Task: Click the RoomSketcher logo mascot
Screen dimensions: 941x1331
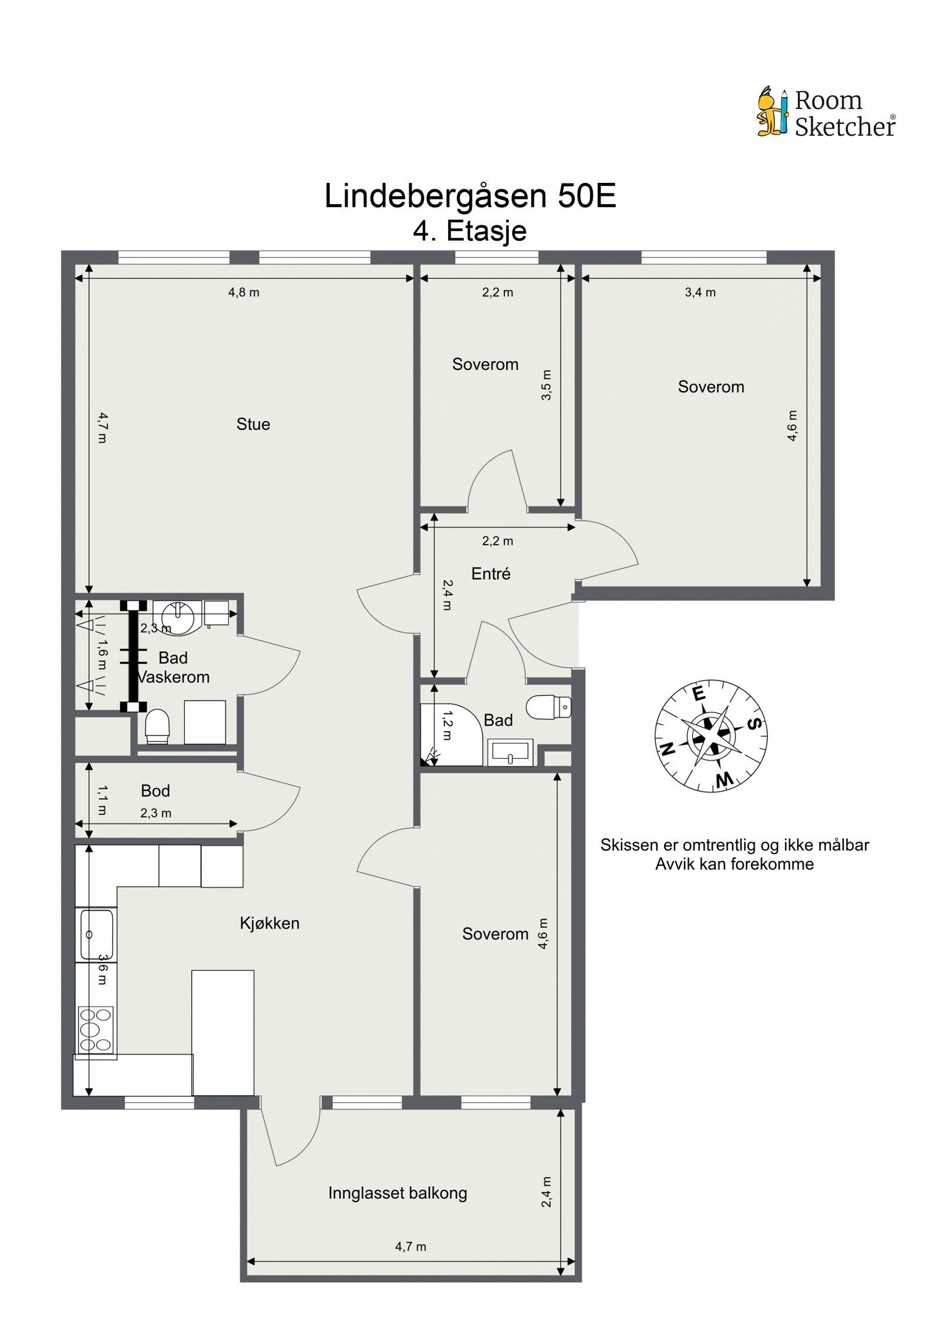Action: click(x=772, y=112)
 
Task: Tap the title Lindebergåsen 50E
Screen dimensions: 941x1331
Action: click(x=470, y=196)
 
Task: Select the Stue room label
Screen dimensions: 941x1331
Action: click(x=253, y=424)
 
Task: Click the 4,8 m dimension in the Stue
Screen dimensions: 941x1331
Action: click(x=243, y=292)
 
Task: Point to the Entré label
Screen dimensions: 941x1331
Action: click(x=490, y=573)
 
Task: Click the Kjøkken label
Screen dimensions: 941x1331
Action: click(x=269, y=923)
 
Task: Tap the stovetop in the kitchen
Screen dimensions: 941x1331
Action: click(x=96, y=1029)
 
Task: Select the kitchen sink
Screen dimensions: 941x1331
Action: click(x=96, y=935)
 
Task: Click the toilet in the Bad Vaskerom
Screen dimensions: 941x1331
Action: click(x=158, y=726)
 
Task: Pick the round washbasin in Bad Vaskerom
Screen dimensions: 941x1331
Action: click(x=177, y=616)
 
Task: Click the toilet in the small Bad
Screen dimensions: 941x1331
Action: click(x=548, y=707)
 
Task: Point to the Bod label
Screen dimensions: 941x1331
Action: click(x=155, y=790)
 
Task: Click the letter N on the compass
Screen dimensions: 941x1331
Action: click(x=668, y=749)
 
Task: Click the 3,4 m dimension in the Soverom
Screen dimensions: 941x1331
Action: click(x=700, y=292)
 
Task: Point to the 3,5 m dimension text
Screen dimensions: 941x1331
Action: click(x=546, y=385)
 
